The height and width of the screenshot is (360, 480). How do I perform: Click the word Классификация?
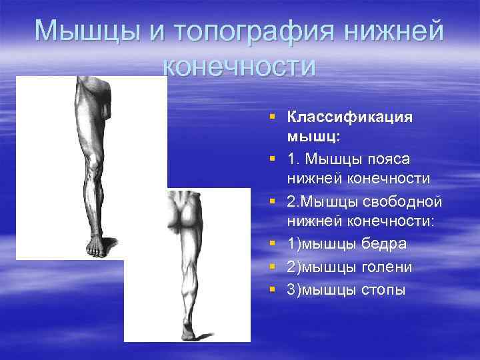(350, 117)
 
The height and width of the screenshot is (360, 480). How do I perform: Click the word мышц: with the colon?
(314, 138)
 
